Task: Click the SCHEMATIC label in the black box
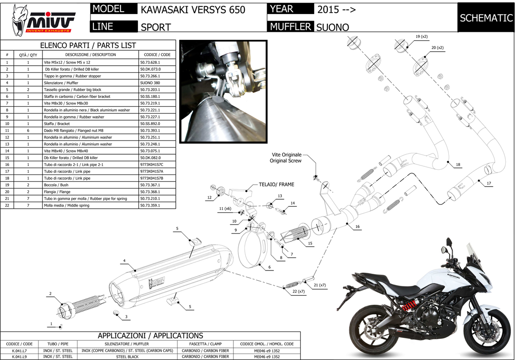tap(486, 18)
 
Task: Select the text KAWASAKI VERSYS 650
tap(193, 10)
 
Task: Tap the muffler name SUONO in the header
tap(333, 27)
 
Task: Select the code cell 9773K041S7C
tap(152, 165)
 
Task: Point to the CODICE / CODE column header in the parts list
tap(158, 55)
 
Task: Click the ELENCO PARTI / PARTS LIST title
tap(88, 45)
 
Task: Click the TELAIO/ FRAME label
tap(276, 185)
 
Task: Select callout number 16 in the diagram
tap(357, 226)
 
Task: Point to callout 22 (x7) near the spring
tap(298, 291)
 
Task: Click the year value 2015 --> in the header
tap(333, 10)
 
